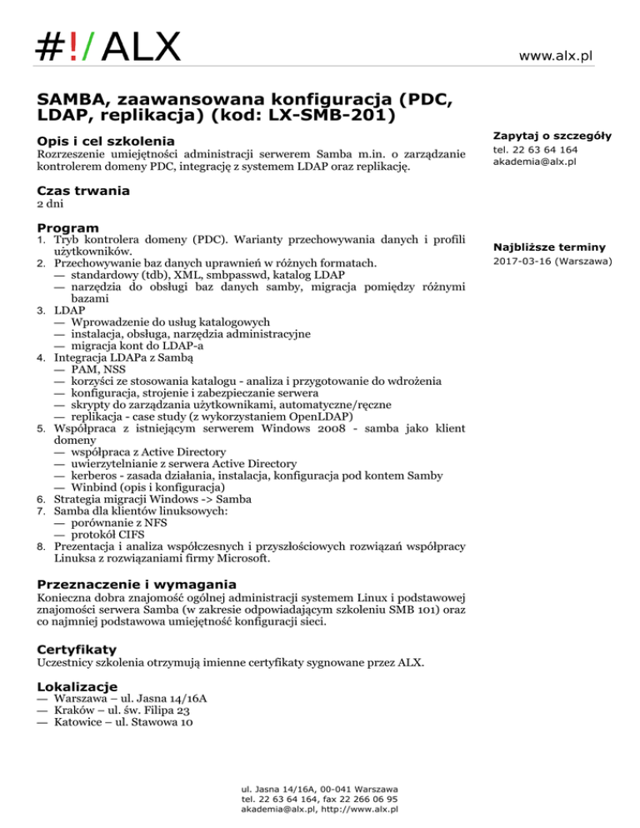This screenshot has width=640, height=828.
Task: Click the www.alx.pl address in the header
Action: (x=555, y=56)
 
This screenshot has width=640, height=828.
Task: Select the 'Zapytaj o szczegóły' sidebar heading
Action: (x=552, y=135)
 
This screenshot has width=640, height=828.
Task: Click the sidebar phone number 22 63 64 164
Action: (x=535, y=150)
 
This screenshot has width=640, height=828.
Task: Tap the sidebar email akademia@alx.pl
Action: (x=534, y=162)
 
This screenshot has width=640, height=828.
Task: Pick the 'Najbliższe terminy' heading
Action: (x=549, y=247)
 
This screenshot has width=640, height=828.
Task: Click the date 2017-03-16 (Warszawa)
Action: (x=553, y=262)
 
